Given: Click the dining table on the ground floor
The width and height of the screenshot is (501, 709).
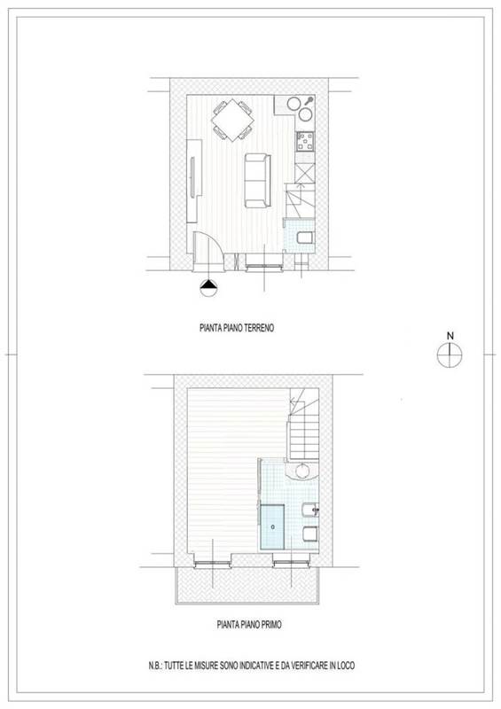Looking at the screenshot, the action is pos(232,121).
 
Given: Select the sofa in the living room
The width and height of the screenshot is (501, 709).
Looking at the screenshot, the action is pos(257,181).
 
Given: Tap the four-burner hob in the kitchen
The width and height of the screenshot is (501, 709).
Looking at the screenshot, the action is pos(305,141).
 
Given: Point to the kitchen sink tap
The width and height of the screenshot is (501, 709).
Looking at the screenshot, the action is pos(309,101).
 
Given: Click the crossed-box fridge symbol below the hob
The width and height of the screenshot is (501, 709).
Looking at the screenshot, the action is pos(304,173).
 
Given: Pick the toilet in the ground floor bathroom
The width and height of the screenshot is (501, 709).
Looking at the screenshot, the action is pos(306,238).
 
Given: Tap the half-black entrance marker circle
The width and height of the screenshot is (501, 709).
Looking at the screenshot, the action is pos(208,287).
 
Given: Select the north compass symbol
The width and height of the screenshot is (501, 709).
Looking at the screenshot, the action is pos(450,354).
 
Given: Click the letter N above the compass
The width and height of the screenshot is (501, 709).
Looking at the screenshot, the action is pos(450,336).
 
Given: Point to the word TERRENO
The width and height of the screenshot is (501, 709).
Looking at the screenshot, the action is pos(259,328).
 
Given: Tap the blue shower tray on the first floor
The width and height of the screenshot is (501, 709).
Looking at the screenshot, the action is pos(272,527).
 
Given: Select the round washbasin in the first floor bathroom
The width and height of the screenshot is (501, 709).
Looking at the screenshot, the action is pos(302,471).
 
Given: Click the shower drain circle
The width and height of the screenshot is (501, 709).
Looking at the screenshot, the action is pos(272,526).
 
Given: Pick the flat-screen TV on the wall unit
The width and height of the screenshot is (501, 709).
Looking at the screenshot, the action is pos(192,176).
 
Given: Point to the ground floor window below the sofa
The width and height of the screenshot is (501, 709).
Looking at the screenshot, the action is pos(264,268).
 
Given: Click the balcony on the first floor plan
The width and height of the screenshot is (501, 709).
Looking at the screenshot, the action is pos(247,585).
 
